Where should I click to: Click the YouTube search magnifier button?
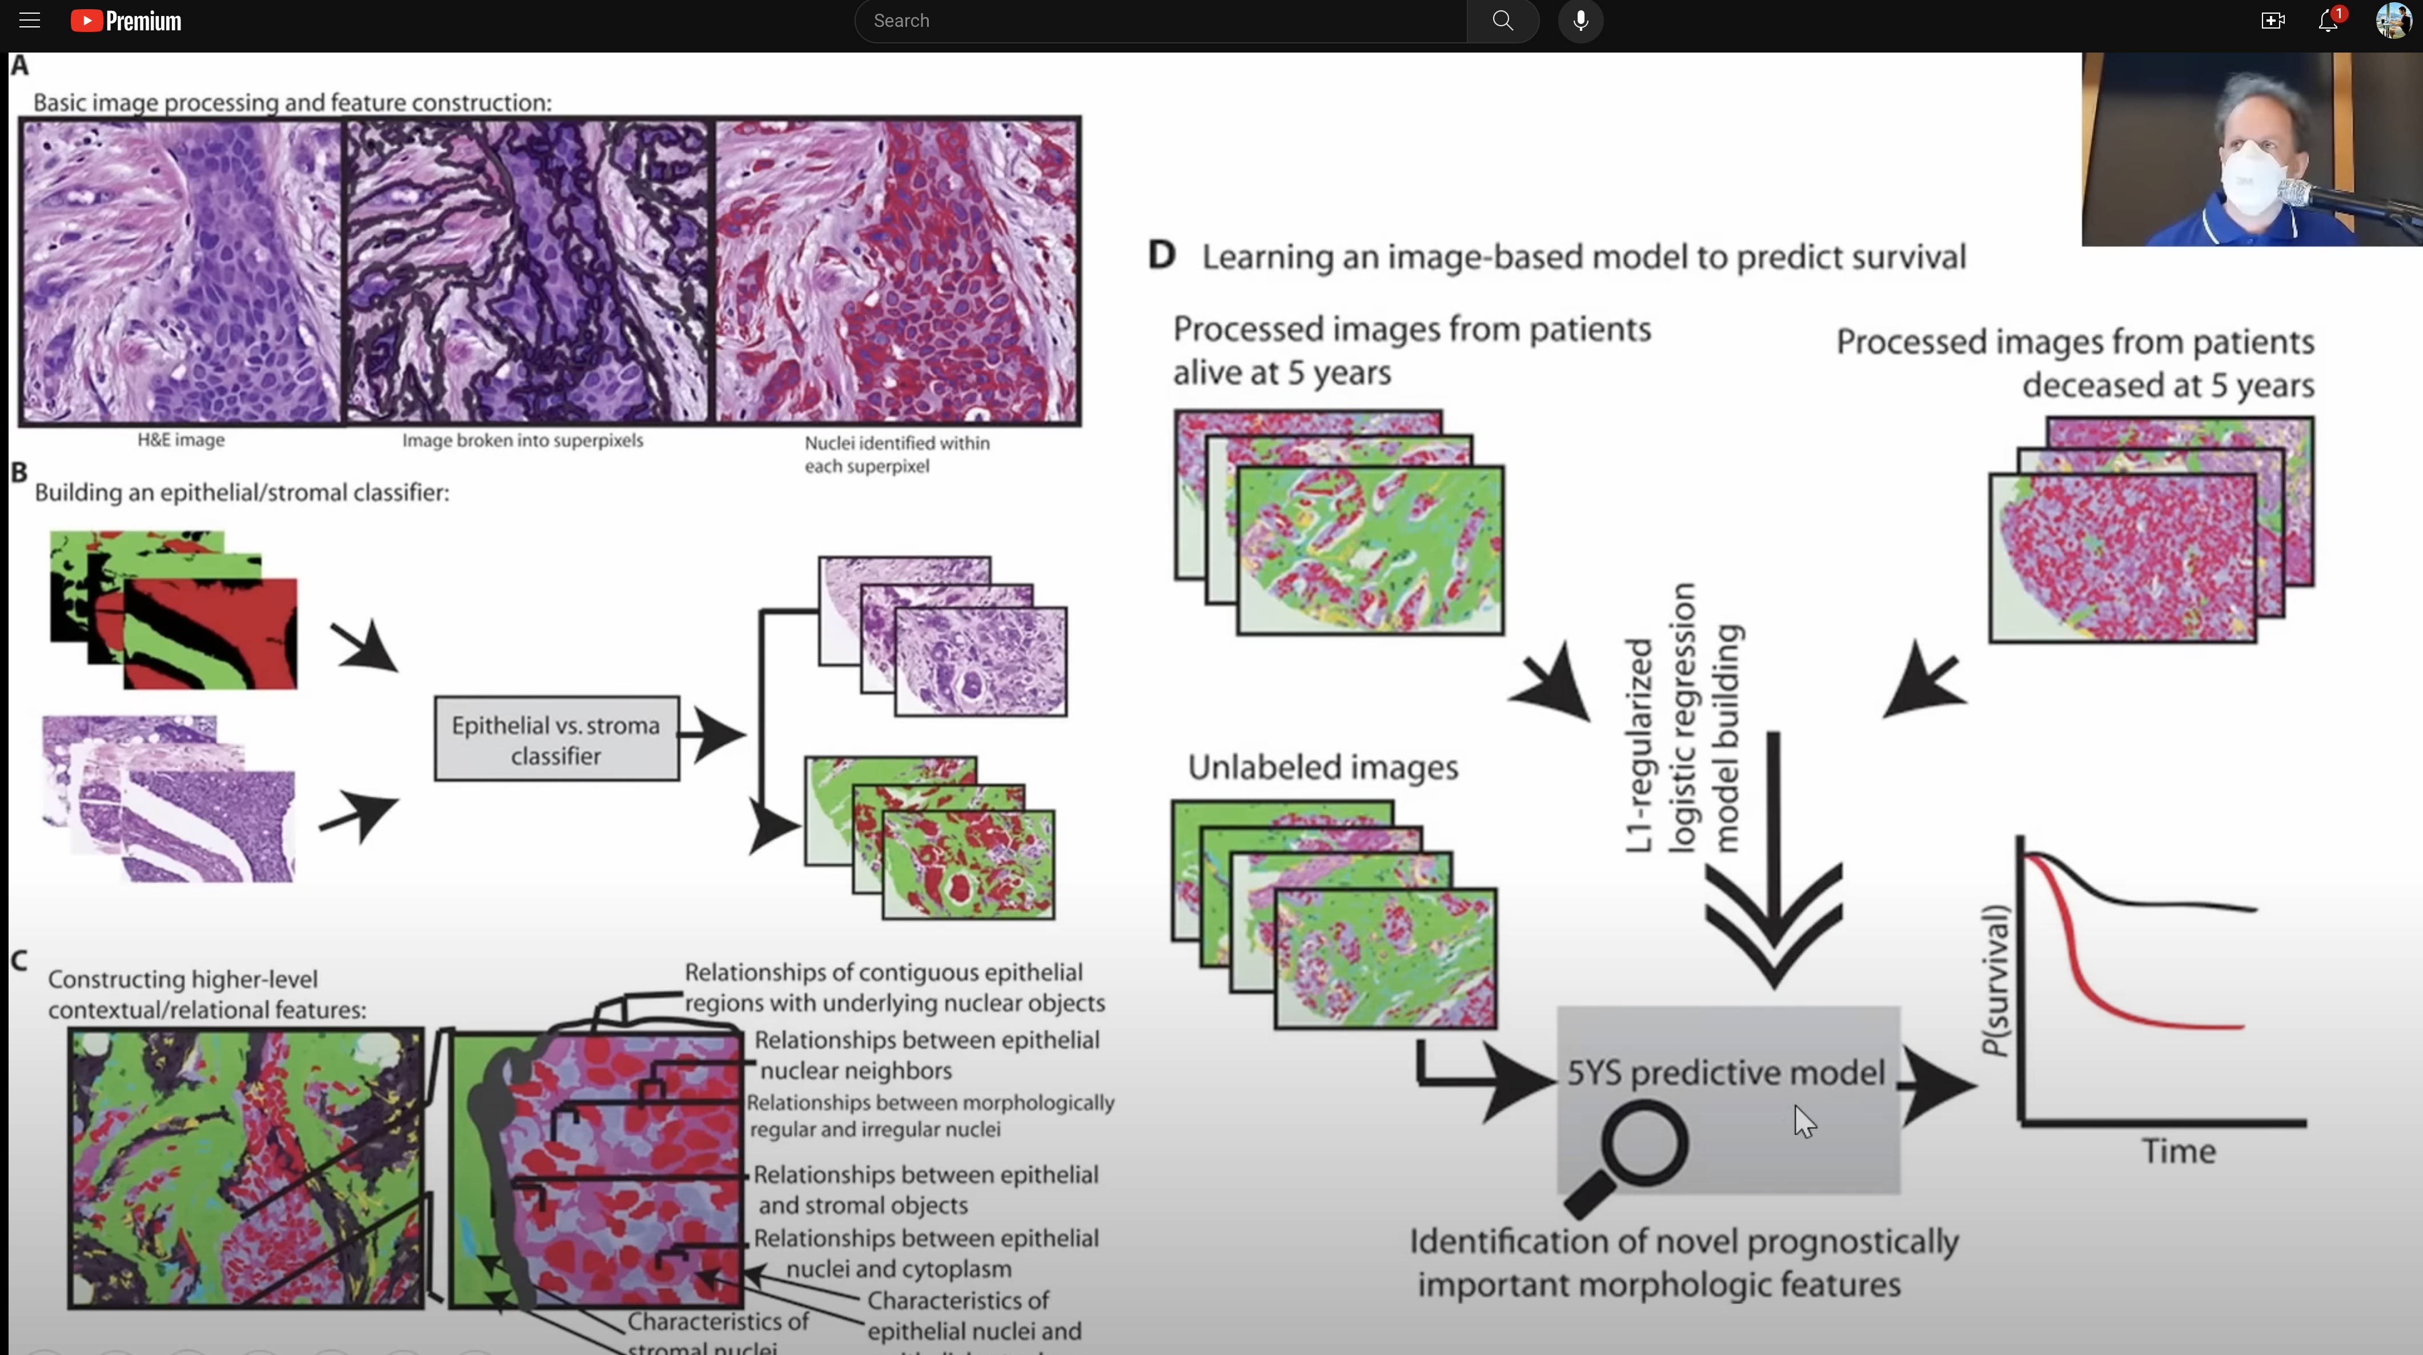coord(1502,21)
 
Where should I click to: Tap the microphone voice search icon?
coord(1580,21)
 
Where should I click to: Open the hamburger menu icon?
coord(29,21)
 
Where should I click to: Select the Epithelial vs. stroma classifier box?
coord(556,740)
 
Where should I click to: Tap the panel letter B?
coord(19,472)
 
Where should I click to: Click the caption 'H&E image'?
coord(180,439)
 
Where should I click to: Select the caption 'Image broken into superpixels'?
coord(522,440)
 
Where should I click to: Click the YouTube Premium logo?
coord(126,21)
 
